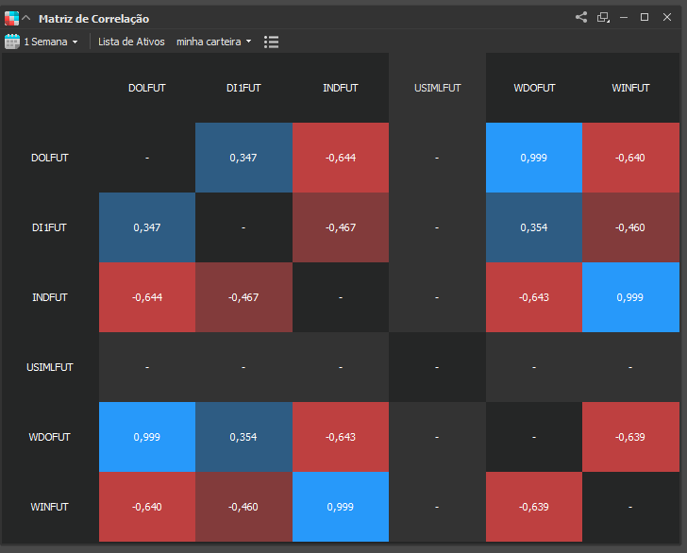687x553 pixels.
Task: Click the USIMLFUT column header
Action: coord(437,88)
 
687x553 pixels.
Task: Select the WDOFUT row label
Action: coord(49,437)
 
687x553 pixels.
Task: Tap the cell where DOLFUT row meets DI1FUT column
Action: coord(243,158)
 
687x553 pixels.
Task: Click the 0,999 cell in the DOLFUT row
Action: coord(534,158)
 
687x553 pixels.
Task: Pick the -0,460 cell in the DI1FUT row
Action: coord(630,227)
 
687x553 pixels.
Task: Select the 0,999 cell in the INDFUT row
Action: coord(630,297)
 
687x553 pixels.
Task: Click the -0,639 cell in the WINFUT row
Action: coord(534,507)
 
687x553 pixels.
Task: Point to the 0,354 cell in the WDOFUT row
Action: coord(243,437)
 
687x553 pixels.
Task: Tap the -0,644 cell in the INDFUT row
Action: coord(147,297)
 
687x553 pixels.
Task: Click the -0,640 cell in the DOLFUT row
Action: coord(630,158)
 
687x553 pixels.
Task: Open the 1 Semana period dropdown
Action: coord(51,42)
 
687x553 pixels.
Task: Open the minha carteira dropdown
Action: coord(214,42)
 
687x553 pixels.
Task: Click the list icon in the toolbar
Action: coord(271,42)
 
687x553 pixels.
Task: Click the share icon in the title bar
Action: coord(581,17)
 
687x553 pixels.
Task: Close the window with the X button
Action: coord(667,17)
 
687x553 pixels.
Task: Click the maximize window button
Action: coord(644,17)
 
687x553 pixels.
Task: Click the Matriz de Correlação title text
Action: coord(93,19)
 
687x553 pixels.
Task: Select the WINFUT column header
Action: coord(630,88)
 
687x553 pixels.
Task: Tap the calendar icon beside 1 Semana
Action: coord(12,42)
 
